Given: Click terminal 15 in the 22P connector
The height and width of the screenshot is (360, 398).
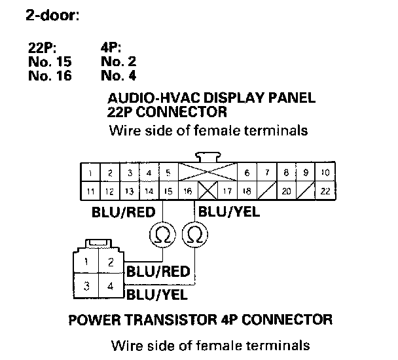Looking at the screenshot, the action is [168, 191].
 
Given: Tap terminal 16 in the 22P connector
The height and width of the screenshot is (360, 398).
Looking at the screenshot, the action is [188, 191].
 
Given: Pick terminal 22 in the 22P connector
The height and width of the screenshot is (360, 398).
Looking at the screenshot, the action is [325, 191].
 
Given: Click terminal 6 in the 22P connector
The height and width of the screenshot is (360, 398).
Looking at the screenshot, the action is [247, 173].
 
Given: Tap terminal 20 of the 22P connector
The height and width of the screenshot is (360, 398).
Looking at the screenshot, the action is [286, 191].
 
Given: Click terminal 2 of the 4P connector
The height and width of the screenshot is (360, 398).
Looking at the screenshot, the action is [111, 262].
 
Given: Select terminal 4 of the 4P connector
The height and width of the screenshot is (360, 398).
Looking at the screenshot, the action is [111, 285].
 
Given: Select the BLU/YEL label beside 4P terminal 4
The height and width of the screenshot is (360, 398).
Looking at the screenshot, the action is [157, 294].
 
